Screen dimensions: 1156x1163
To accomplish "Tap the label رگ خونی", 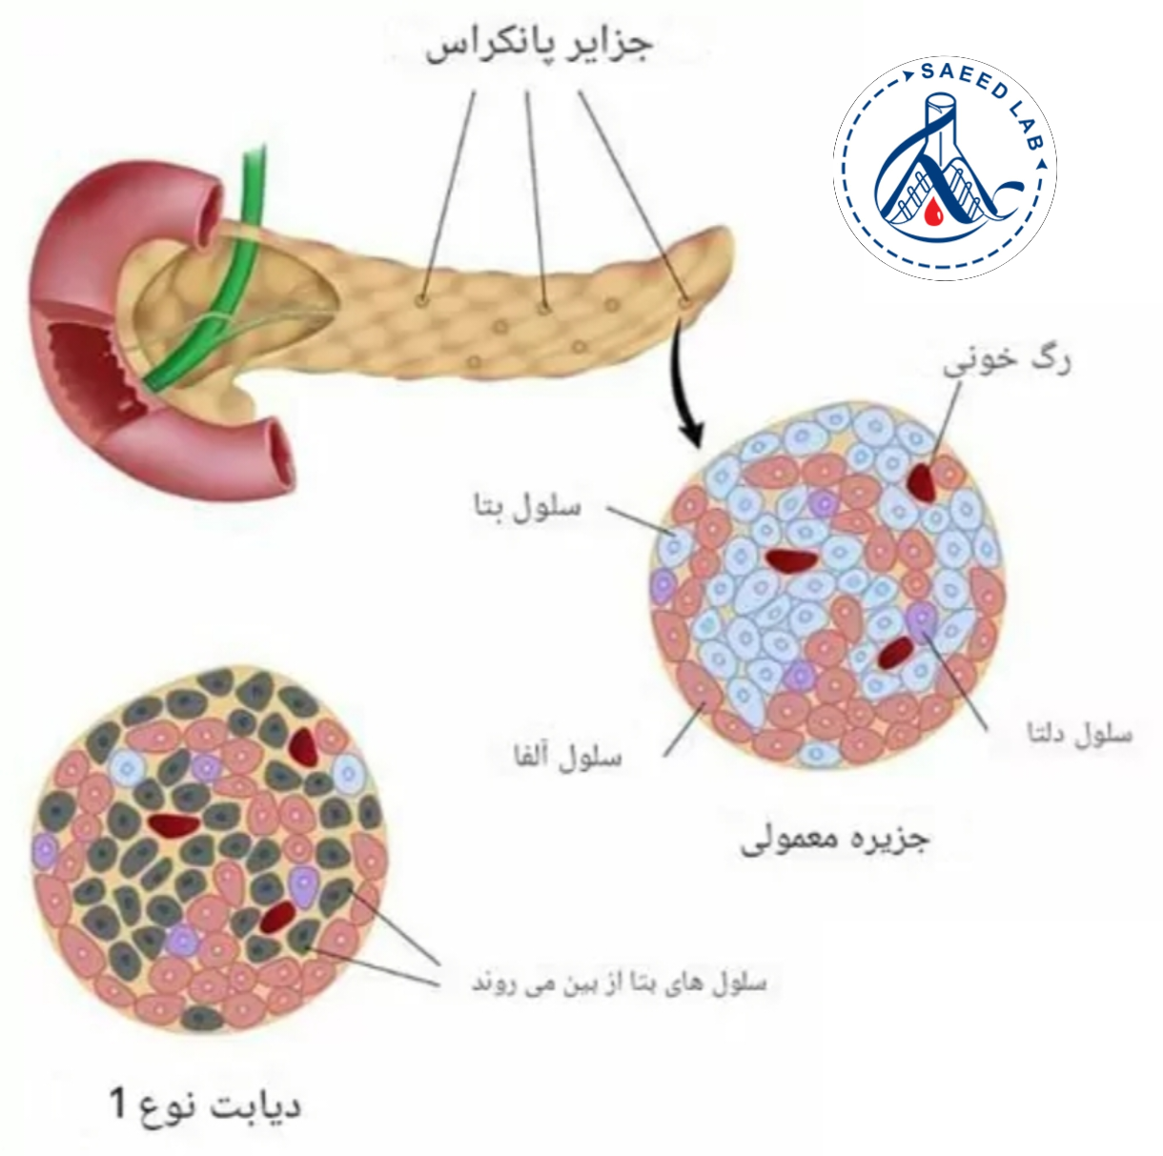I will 1007,361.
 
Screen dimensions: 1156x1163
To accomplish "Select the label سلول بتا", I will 527,506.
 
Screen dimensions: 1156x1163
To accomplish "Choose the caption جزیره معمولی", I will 834,839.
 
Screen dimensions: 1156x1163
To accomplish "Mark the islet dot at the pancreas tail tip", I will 684,302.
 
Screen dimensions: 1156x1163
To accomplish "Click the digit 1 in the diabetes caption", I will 117,1104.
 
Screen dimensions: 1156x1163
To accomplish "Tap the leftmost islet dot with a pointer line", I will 422,299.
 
